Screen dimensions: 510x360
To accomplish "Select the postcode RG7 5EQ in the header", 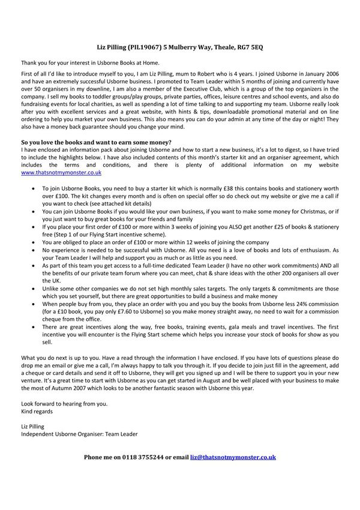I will [246, 46].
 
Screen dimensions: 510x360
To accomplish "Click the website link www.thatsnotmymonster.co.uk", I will [61, 172].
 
